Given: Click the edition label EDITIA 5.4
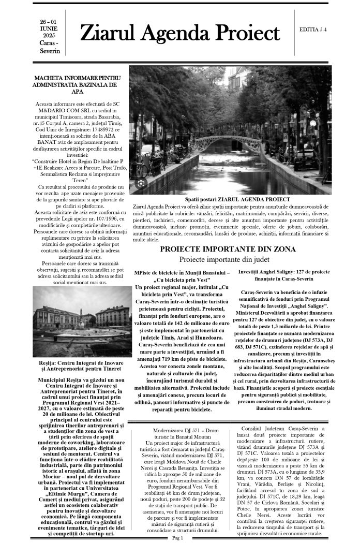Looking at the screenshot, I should pos(312,30).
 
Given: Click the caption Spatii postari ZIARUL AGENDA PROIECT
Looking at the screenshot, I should pos(237,199).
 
